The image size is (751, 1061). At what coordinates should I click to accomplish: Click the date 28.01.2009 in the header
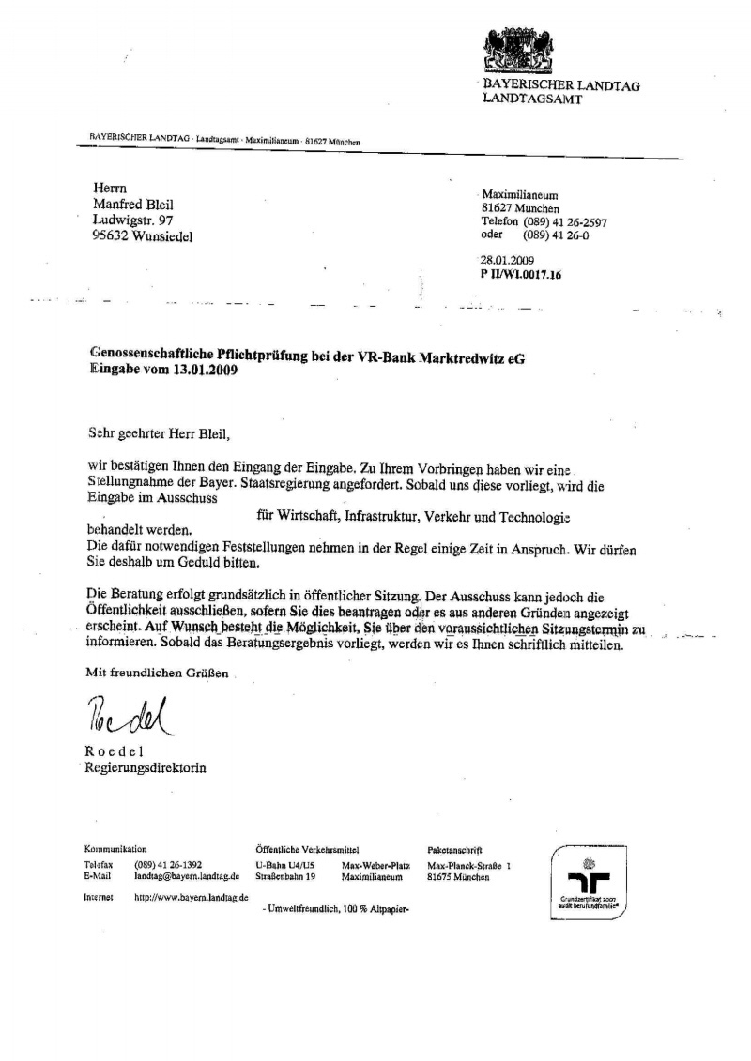click(507, 261)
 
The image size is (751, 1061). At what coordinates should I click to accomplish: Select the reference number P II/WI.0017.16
click(521, 275)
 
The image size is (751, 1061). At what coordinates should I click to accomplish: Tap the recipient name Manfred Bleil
click(132, 205)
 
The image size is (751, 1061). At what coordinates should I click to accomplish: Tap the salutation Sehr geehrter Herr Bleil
click(157, 434)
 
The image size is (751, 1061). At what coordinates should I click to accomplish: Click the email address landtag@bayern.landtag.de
click(187, 876)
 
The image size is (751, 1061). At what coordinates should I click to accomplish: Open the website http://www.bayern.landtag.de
click(192, 897)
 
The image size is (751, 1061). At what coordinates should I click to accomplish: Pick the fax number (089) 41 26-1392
click(168, 864)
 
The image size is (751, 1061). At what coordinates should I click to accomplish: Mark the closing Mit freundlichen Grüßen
click(157, 673)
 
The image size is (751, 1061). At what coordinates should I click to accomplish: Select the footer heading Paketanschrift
click(454, 849)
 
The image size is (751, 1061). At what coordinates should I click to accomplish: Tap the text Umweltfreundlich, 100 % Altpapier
click(338, 910)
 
